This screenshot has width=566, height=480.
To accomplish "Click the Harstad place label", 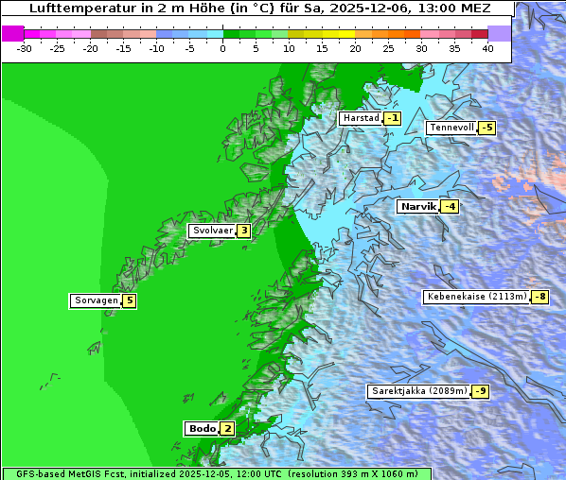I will [x=361, y=118].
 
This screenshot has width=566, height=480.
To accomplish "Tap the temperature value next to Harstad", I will [x=392, y=118].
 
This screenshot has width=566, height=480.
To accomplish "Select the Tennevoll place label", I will [x=451, y=128].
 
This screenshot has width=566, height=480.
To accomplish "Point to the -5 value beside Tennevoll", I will [x=486, y=128].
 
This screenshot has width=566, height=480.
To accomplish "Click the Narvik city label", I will [x=417, y=206].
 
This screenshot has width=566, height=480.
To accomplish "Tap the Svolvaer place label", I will [x=212, y=231].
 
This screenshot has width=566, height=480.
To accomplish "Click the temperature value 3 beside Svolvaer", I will [x=243, y=231].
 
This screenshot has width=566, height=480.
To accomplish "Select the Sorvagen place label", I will [x=96, y=300].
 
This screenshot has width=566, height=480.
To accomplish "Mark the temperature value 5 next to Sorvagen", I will [x=130, y=300].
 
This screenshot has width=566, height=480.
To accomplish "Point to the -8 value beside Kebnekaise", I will [x=539, y=297].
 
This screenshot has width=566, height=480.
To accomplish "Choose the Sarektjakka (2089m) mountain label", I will [x=418, y=391].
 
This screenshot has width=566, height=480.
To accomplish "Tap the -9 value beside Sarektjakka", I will [x=481, y=391].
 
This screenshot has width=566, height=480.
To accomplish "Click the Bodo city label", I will [x=203, y=428].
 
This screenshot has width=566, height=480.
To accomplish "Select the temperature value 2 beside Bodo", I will [x=227, y=428].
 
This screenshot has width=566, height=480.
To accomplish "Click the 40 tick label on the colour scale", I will [x=487, y=48].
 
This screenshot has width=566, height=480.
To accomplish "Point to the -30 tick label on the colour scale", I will [x=25, y=48].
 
